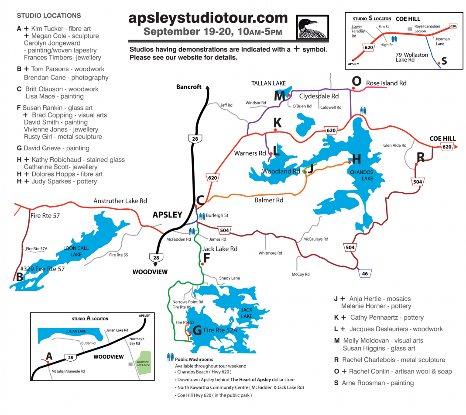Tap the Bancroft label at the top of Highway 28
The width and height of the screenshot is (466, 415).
(189, 86)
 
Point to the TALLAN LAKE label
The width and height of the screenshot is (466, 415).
(268, 83)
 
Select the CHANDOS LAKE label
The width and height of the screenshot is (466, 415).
(361, 175)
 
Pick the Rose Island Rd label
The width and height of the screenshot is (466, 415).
(386, 83)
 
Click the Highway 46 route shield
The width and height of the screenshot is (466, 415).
(365, 273)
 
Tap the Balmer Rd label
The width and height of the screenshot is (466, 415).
(269, 200)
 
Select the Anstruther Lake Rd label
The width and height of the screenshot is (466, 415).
(120, 201)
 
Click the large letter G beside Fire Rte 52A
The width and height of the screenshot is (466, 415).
(197, 331)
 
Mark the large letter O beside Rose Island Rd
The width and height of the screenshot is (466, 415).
(356, 81)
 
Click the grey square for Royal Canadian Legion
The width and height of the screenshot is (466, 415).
(409, 29)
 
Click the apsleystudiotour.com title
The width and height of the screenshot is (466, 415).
(208, 18)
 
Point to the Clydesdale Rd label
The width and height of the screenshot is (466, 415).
(319, 96)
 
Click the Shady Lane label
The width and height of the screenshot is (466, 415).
(230, 278)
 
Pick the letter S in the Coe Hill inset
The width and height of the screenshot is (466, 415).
(444, 61)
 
